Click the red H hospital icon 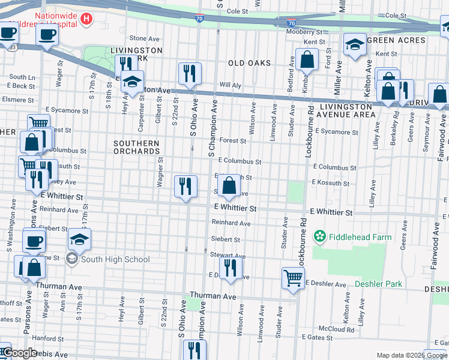click(x=86, y=19)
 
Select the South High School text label click(x=115, y=259)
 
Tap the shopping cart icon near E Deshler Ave click(x=293, y=277)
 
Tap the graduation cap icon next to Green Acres click(x=355, y=44)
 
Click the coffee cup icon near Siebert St click(x=34, y=241)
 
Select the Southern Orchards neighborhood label click(x=137, y=148)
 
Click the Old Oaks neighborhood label click(x=249, y=63)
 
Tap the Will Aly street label click(x=231, y=85)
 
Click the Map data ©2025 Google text click(x=411, y=355)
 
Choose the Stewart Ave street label click(x=225, y=255)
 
